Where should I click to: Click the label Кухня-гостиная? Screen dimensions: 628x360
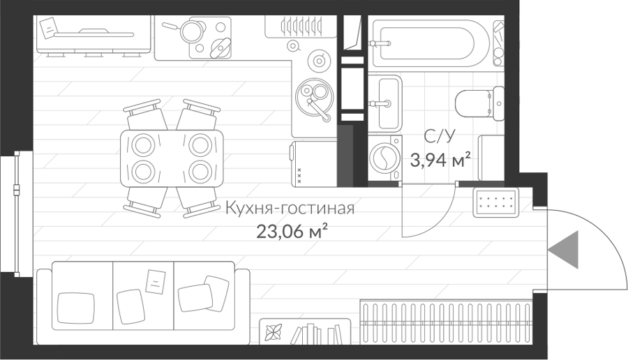(290, 209)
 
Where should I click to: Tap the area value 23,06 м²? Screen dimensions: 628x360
(293, 232)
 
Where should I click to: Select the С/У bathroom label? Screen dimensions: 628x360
(440, 137)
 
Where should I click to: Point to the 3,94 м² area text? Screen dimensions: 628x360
(440, 160)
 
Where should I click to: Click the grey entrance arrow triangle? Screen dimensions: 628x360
(565, 250)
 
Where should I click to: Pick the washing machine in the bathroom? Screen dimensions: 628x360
(385, 158)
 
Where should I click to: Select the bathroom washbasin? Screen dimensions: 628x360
(384, 103)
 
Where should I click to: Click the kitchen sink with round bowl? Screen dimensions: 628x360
(314, 98)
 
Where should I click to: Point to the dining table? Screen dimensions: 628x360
(172, 158)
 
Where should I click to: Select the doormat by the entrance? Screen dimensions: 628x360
(496, 202)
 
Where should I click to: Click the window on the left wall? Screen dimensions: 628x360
(17, 214)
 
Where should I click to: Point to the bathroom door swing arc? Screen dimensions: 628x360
(439, 223)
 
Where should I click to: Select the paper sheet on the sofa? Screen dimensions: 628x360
(156, 282)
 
